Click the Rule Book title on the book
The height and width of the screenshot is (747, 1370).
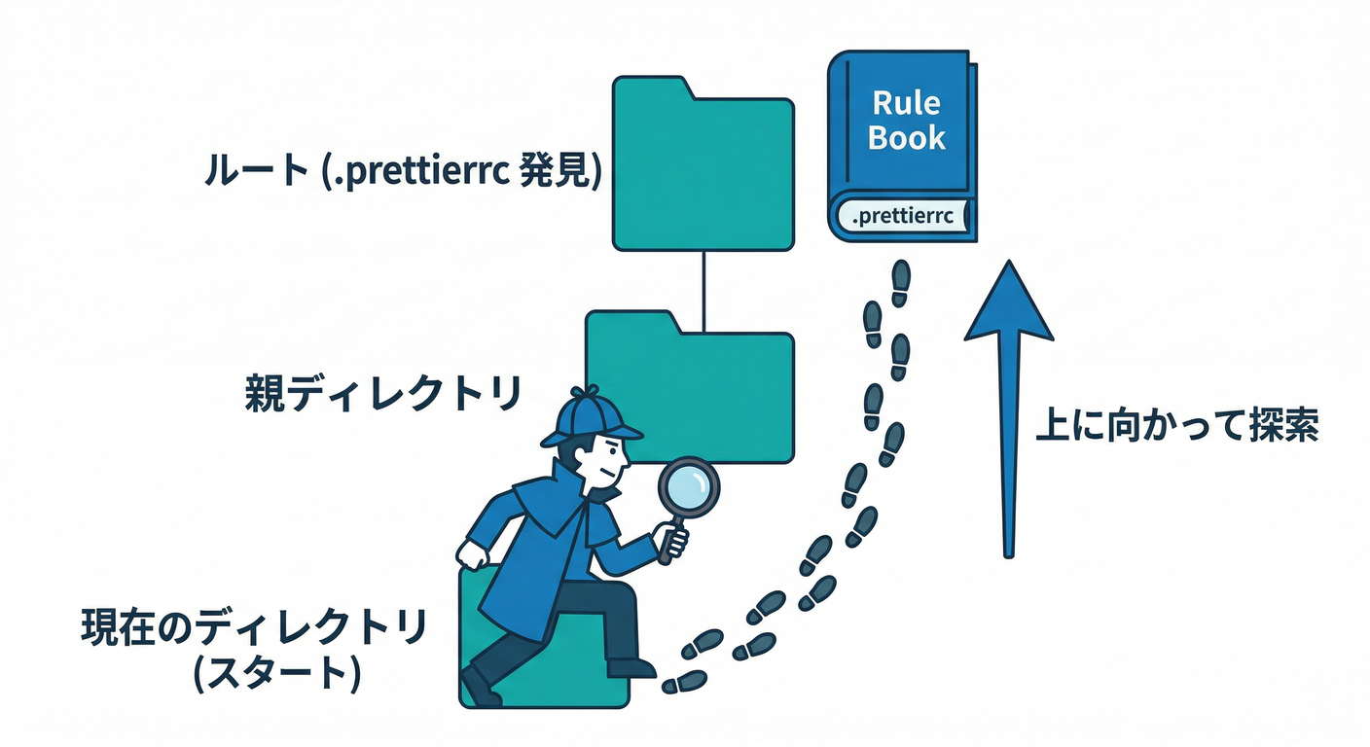(906, 120)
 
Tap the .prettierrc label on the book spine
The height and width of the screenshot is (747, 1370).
(899, 217)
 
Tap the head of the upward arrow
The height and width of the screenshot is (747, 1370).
(1008, 306)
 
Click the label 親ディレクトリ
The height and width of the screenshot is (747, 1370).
(382, 396)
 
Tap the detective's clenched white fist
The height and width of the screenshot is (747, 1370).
(473, 554)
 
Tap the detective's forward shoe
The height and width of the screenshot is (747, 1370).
(630, 668)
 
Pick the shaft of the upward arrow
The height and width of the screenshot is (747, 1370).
(1009, 447)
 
